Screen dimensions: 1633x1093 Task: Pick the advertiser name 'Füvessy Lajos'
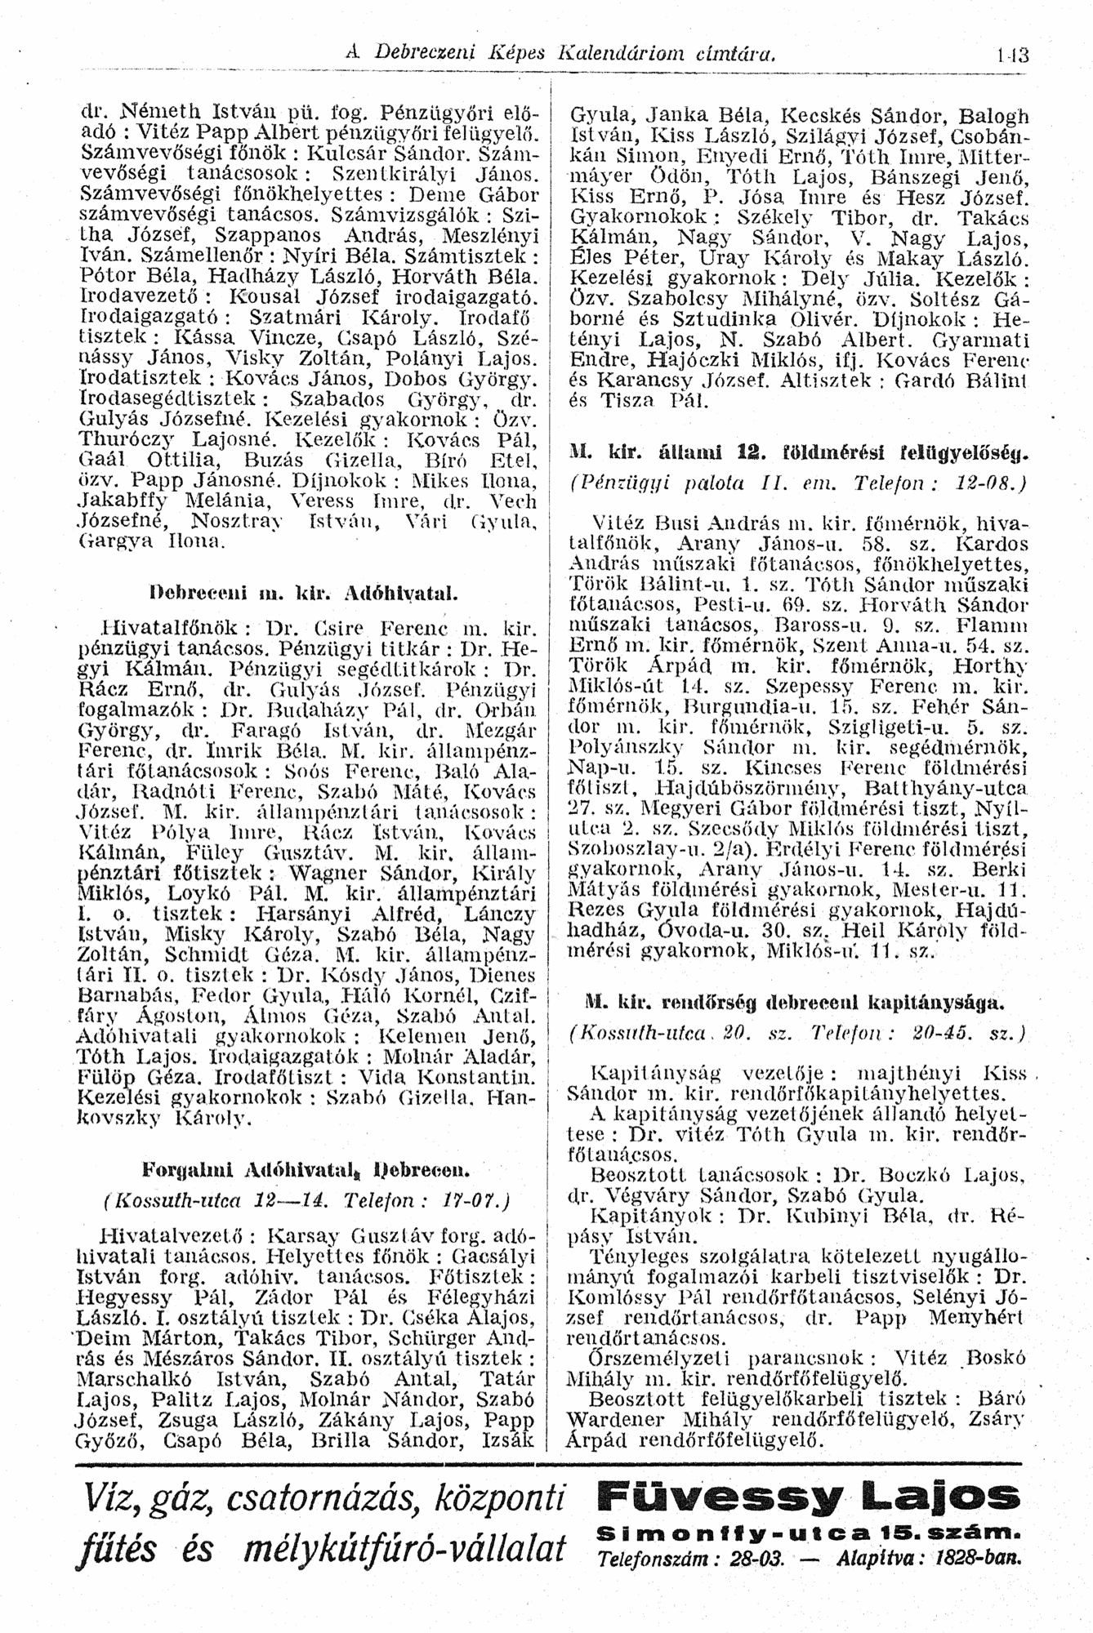(804, 1496)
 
